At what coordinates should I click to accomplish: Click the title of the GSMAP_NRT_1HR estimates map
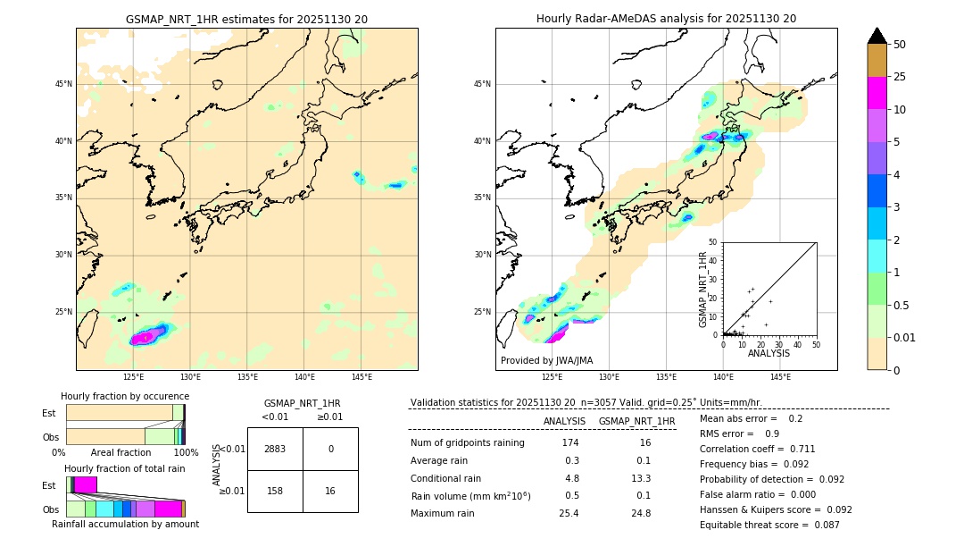(246, 19)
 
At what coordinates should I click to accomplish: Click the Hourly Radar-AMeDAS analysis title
(666, 19)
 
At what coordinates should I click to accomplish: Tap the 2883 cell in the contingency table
(275, 449)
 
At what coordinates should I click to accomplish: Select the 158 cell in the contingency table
(275, 491)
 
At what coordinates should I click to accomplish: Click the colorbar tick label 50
(900, 45)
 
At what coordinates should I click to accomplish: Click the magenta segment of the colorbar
(877, 93)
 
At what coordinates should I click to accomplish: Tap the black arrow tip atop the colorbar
(877, 34)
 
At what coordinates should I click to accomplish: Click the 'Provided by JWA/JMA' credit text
(546, 361)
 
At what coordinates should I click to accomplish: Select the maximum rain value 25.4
(569, 513)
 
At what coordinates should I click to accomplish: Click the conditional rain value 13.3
(641, 478)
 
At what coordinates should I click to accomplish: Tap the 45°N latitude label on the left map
(63, 84)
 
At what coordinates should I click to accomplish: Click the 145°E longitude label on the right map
(780, 377)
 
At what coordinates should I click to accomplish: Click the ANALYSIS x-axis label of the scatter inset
(769, 353)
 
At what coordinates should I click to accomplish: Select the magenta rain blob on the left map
(147, 337)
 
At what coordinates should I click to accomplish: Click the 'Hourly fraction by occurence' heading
(125, 396)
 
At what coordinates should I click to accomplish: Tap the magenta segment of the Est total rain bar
(85, 484)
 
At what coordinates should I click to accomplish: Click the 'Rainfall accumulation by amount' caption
(125, 524)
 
